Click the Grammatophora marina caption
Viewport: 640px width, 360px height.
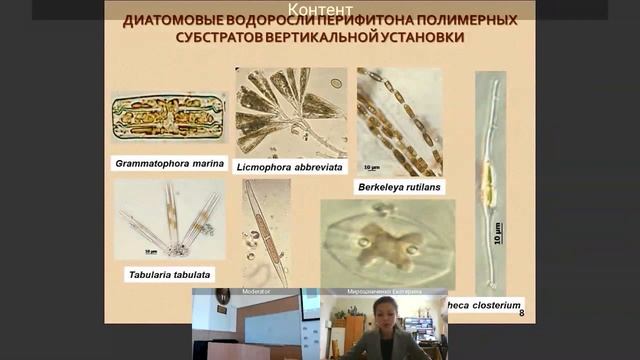click(x=169, y=161)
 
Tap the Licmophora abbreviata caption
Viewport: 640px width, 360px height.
click(x=289, y=166)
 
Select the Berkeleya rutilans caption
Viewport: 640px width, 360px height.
click(x=399, y=186)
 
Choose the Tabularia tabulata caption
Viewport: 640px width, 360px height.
click(x=169, y=274)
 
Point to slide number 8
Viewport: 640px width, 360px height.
click(x=522, y=314)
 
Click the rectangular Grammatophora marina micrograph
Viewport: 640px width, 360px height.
click(x=169, y=117)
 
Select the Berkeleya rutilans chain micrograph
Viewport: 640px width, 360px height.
click(x=399, y=121)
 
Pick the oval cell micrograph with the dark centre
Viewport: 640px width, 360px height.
click(x=386, y=244)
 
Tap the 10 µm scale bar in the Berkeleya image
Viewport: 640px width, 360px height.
click(x=371, y=167)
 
